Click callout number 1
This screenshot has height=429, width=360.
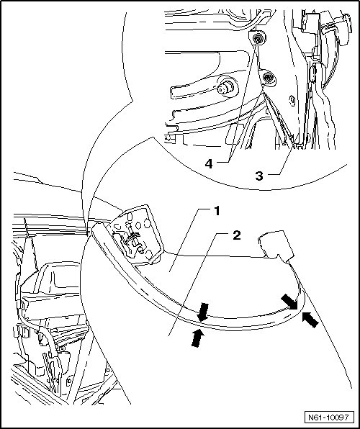click(217, 211)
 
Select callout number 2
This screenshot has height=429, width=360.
click(237, 235)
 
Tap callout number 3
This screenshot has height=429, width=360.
click(259, 176)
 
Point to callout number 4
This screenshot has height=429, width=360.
click(209, 164)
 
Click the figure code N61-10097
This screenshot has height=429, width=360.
click(329, 417)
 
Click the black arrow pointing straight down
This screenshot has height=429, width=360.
click(203, 312)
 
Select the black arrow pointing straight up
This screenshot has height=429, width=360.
click(197, 338)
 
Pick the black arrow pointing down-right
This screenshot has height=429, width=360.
click(289, 302)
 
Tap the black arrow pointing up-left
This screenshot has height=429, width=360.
click(310, 320)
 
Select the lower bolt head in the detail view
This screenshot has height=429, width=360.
click(268, 77)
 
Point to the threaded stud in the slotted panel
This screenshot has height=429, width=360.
click(225, 88)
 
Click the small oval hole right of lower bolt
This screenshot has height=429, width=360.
click(292, 100)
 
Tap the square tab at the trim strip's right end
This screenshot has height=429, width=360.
click(276, 245)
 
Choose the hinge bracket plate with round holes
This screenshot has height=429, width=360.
click(135, 234)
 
